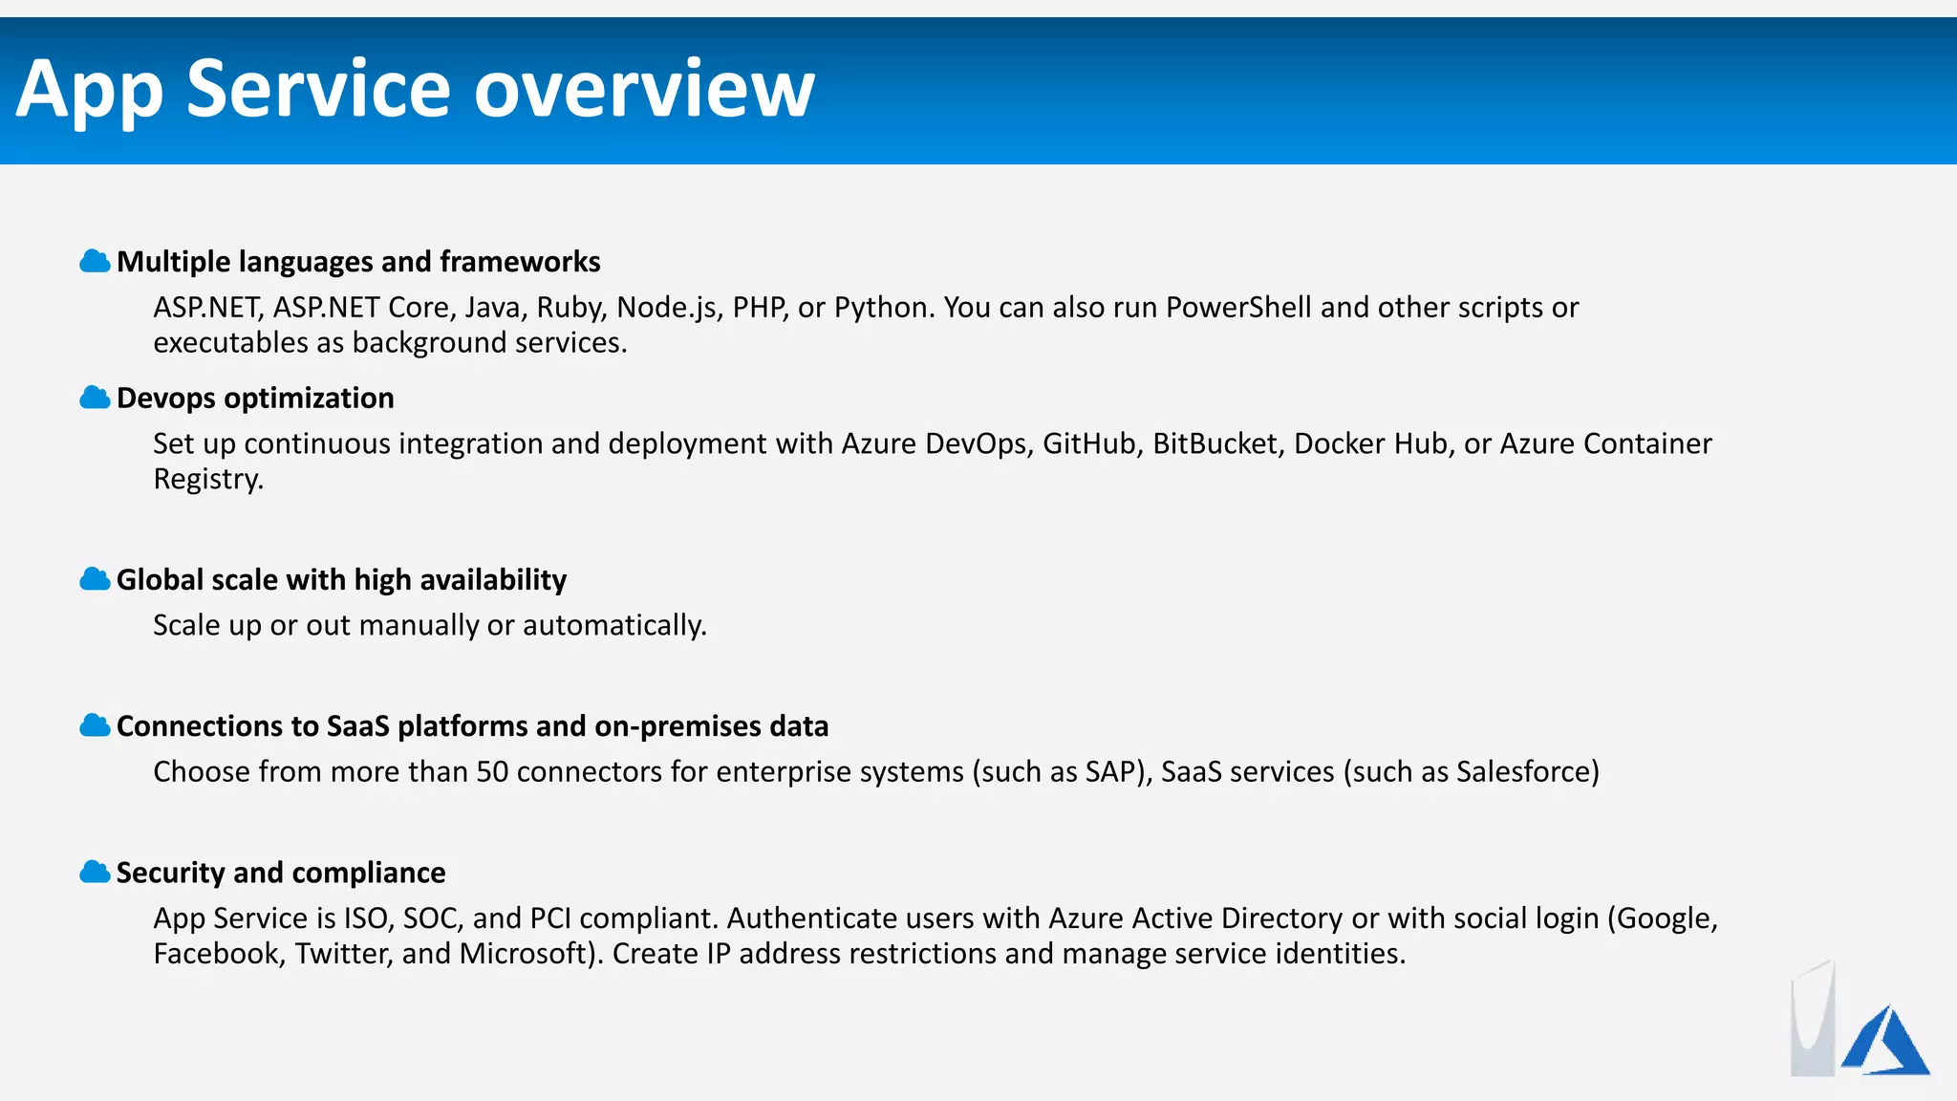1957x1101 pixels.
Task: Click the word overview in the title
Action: pyautogui.click(x=644, y=89)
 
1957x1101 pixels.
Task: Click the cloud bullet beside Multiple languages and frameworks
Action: pyautogui.click(x=95, y=261)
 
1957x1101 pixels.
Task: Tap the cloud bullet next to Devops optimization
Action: pyautogui.click(x=95, y=398)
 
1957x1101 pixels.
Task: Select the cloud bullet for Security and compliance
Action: pyautogui.click(x=95, y=872)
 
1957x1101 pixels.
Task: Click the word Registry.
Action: pyautogui.click(x=207, y=479)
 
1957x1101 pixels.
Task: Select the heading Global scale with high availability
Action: pyautogui.click(x=341, y=580)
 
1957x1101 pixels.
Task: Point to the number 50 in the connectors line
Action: pyautogui.click(x=492, y=771)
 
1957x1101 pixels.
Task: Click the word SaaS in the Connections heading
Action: pyautogui.click(x=357, y=726)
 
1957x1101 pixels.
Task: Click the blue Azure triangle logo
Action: pyautogui.click(x=1884, y=1042)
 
